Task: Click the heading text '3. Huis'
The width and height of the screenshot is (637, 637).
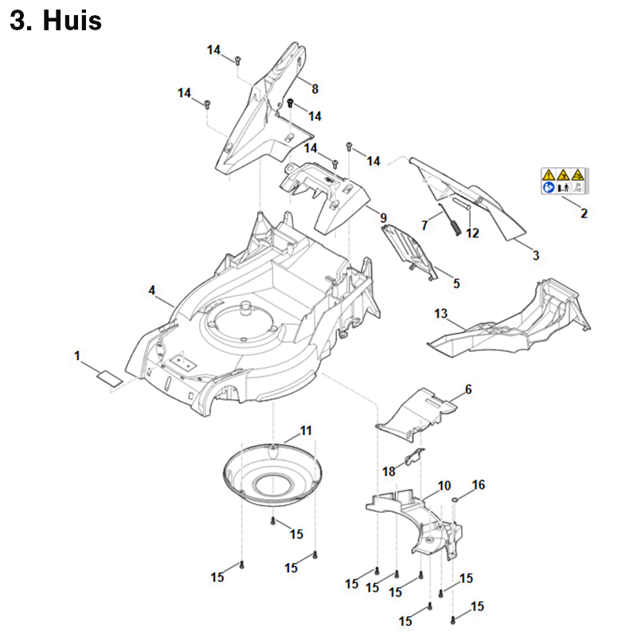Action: coord(56,21)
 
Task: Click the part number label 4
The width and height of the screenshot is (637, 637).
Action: coord(152,291)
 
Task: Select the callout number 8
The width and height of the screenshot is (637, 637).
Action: coord(315,88)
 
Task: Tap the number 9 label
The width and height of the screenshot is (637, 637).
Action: coord(383,217)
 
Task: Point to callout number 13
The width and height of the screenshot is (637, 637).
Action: coord(441,315)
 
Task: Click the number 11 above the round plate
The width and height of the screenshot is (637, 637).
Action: coord(306,432)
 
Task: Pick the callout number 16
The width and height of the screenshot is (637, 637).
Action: coord(479,484)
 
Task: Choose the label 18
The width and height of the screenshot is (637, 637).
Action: coord(389,471)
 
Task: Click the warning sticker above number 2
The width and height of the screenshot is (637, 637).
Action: coord(564,181)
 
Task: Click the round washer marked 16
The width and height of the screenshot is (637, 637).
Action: coord(454,500)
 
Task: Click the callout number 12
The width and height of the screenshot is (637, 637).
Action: coord(472,233)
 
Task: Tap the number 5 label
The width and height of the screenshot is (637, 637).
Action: coord(456,283)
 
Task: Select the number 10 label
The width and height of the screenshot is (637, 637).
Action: coord(444,485)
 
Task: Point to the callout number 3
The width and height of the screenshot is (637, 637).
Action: coord(536,256)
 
